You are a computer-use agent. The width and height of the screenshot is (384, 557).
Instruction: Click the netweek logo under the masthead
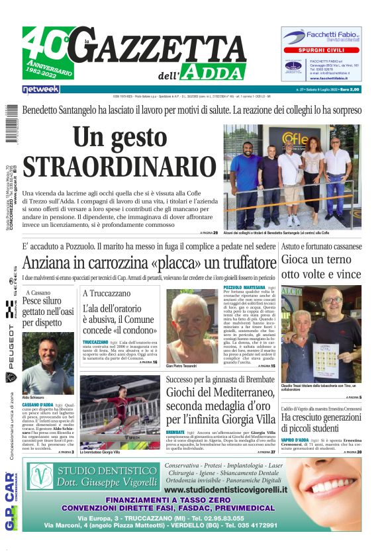pos(40,89)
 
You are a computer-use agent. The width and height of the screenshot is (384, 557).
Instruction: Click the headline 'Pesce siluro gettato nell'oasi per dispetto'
pos(48,312)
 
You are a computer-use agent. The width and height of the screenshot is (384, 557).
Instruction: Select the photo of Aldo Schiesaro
pos(48,364)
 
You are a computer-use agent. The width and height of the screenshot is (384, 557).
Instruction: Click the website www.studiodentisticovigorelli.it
pos(226,490)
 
